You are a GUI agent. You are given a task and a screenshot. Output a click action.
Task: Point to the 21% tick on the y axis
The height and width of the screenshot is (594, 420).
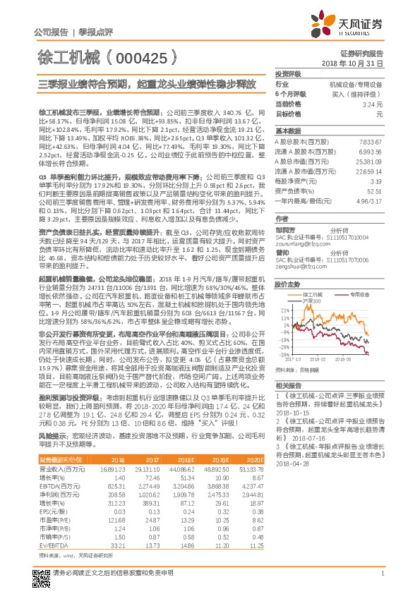coord(284,309)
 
